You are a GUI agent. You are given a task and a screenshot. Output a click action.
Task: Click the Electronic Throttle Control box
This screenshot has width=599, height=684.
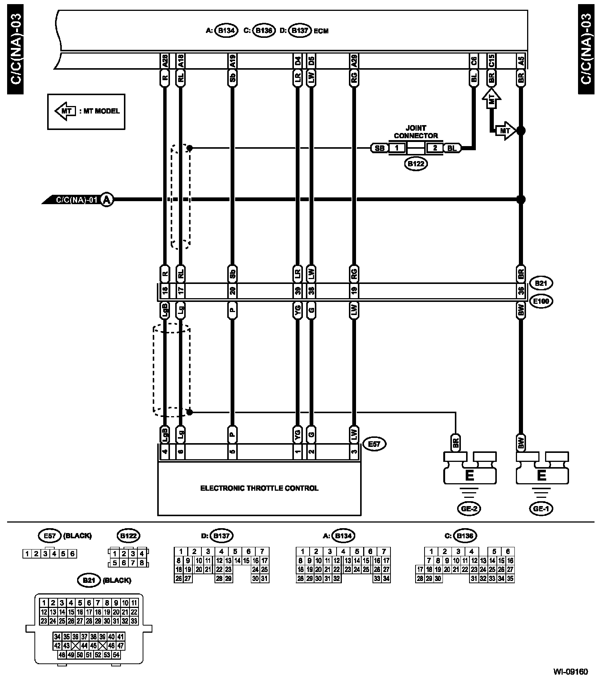(x=259, y=488)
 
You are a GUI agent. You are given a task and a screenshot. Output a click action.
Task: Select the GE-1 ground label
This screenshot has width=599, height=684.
(x=541, y=508)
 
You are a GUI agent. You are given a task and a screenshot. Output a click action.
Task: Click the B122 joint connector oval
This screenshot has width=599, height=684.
(x=416, y=164)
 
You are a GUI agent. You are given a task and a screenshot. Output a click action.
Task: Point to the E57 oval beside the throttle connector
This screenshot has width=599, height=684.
(x=374, y=444)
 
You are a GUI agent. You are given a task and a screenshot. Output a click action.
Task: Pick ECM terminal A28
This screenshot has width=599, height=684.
(x=165, y=61)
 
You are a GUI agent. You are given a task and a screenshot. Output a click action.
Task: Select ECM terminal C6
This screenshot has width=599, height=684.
(x=473, y=61)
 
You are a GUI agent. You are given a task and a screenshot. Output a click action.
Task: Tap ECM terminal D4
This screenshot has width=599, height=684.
(x=298, y=61)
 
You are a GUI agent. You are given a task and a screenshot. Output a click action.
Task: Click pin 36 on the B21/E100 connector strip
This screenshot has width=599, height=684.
(x=521, y=291)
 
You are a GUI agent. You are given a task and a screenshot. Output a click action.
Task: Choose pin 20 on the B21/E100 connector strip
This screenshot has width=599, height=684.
(x=232, y=291)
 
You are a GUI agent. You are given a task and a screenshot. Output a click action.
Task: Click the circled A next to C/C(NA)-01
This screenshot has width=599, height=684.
(x=107, y=200)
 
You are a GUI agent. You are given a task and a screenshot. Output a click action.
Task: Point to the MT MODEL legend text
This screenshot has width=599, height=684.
(x=101, y=111)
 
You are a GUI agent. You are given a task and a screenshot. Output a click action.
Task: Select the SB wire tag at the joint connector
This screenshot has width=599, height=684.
(x=379, y=148)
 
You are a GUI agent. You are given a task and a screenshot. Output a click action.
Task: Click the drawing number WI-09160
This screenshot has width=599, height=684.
(x=571, y=672)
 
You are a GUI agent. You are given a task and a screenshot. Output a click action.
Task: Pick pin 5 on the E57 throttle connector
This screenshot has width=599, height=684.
(x=232, y=452)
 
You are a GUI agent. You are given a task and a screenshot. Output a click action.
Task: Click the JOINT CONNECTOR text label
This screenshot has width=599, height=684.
(x=416, y=132)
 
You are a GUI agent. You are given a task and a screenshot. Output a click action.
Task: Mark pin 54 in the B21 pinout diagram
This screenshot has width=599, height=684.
(x=116, y=655)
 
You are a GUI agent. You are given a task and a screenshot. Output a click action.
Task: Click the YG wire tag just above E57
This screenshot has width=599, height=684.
(x=298, y=435)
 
